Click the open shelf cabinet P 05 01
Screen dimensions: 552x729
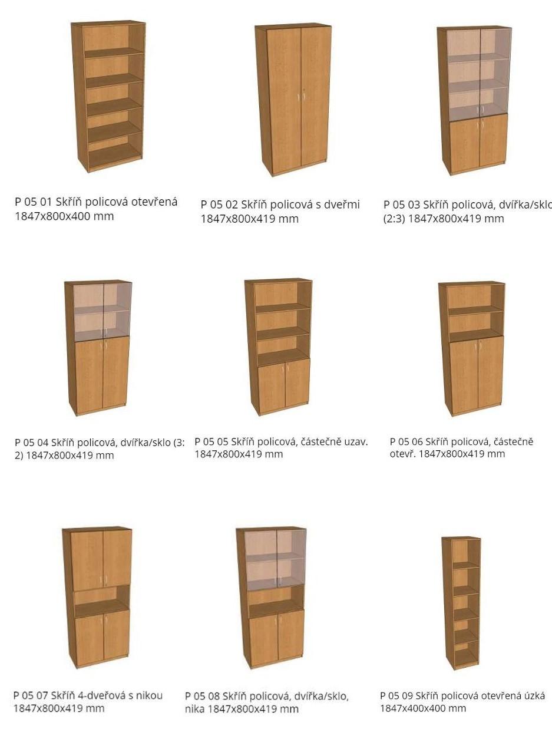pos(108,96)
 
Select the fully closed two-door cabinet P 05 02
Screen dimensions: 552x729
pos(293,100)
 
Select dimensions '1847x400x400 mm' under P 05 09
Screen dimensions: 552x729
pos(423,708)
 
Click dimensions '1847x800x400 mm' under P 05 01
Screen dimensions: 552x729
pos(64,216)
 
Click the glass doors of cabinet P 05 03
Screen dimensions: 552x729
pos(478,72)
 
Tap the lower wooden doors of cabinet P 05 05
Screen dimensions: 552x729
pos(284,385)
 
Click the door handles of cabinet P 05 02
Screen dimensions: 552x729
pos(300,96)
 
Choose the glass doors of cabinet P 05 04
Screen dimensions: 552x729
pos(103,312)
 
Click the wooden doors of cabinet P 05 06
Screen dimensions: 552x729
pos(477,375)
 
